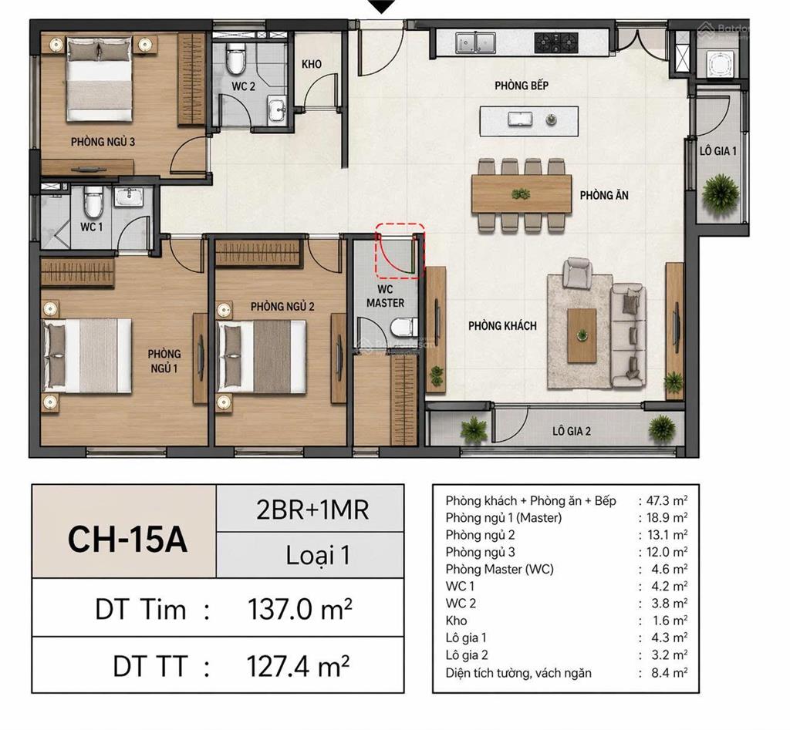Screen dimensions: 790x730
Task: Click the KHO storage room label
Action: (312, 65)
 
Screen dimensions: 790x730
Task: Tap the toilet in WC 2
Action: (235, 58)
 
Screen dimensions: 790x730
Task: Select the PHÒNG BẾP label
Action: (521, 86)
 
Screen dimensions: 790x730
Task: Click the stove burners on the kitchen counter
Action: (556, 42)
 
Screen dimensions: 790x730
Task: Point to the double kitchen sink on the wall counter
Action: (475, 43)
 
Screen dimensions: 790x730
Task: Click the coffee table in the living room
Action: (582, 335)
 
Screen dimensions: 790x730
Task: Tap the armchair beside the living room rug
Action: (578, 273)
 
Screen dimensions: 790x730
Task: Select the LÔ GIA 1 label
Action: (718, 150)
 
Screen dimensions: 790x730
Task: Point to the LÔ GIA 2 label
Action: (572, 431)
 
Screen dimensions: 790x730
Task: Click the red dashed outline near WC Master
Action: (400, 251)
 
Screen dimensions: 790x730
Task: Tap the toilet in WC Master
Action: (404, 328)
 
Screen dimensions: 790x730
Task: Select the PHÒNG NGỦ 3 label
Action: (103, 142)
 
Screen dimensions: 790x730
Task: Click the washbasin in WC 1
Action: (130, 197)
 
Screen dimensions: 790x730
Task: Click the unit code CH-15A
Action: (127, 539)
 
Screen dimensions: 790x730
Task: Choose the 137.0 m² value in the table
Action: (299, 609)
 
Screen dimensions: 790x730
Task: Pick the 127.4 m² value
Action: (298, 666)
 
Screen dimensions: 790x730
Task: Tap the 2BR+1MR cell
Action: (312, 510)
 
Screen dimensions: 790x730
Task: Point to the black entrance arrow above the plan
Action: (383, 6)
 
